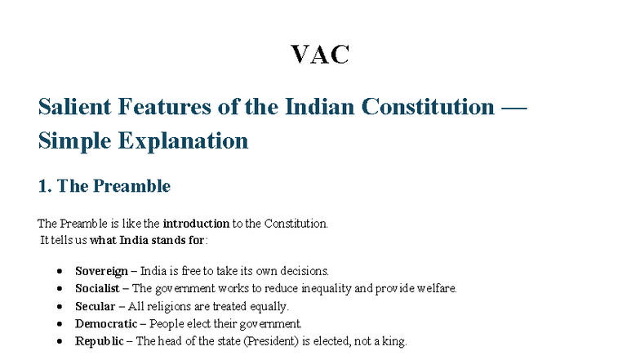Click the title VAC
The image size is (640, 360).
tap(320, 54)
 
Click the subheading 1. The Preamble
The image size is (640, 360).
tap(104, 186)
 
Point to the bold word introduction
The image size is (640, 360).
tap(196, 223)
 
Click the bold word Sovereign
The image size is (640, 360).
tap(101, 270)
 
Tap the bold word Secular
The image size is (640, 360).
tap(95, 306)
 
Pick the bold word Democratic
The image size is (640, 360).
tap(104, 323)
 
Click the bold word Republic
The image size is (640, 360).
tap(100, 341)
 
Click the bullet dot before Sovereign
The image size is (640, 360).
tap(60, 271)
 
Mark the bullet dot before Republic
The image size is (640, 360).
tap(60, 342)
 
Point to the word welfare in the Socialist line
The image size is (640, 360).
tap(438, 288)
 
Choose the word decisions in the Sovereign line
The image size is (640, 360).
tap(305, 270)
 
